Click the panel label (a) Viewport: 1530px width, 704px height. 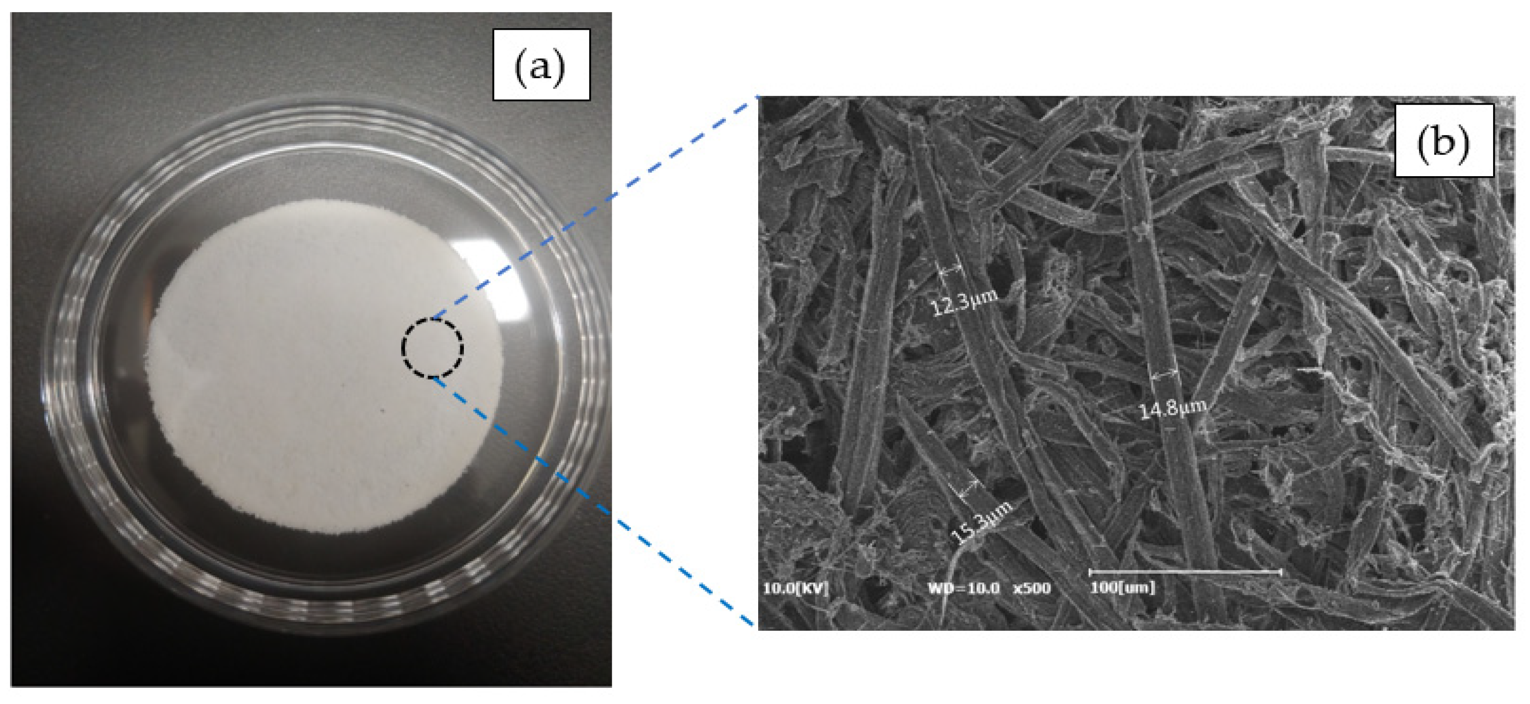coord(541,65)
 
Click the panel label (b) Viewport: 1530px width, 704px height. coord(1443,141)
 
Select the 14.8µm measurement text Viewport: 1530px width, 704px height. coord(1172,408)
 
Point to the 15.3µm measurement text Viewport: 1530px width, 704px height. coord(981,523)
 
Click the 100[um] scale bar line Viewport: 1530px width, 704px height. coord(1184,572)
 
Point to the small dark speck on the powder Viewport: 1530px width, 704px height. coord(382,410)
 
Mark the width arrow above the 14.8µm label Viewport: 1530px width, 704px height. coord(1164,373)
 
